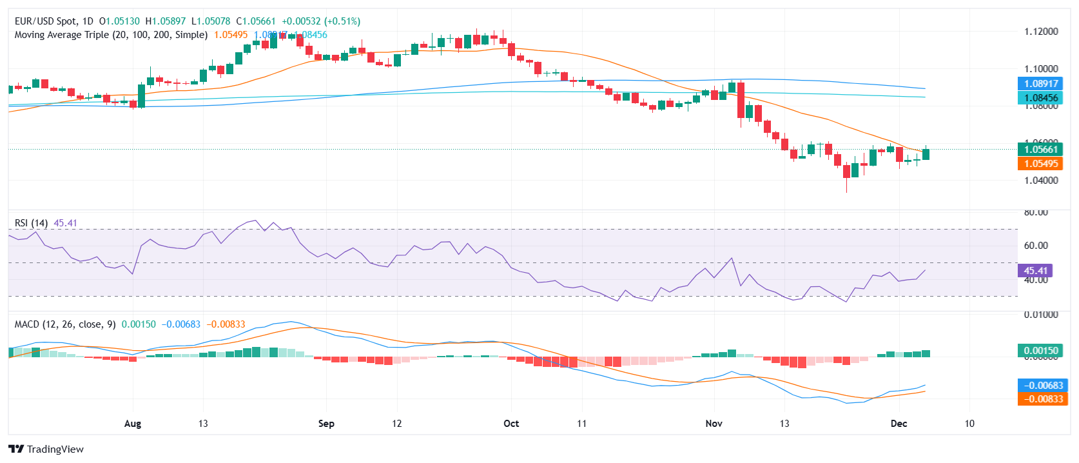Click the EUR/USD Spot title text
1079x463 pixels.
[x=46, y=21]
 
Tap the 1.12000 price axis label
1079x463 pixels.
[x=1041, y=32]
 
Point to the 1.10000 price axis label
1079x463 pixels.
[x=1041, y=69]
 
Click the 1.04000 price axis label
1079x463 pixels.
[x=1041, y=181]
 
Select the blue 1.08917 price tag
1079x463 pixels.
[x=1041, y=83]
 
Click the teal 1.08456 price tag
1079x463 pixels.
[x=1041, y=98]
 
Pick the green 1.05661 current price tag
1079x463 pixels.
[x=1041, y=150]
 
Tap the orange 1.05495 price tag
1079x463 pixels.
[x=1041, y=164]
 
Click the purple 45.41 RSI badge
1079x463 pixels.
[x=1036, y=271]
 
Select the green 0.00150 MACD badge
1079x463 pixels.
[x=1041, y=351]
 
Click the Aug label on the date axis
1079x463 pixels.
[x=132, y=424]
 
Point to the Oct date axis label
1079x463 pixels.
[x=511, y=424]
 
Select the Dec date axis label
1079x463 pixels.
[x=899, y=424]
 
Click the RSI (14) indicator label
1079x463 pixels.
[x=31, y=223]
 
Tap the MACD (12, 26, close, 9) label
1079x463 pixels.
[x=65, y=324]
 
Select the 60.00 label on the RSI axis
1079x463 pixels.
[x=1036, y=246]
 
